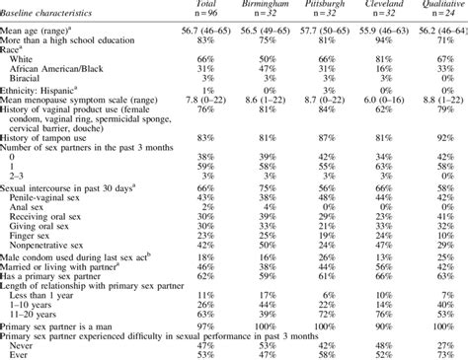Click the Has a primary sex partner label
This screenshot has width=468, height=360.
pos(64,279)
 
